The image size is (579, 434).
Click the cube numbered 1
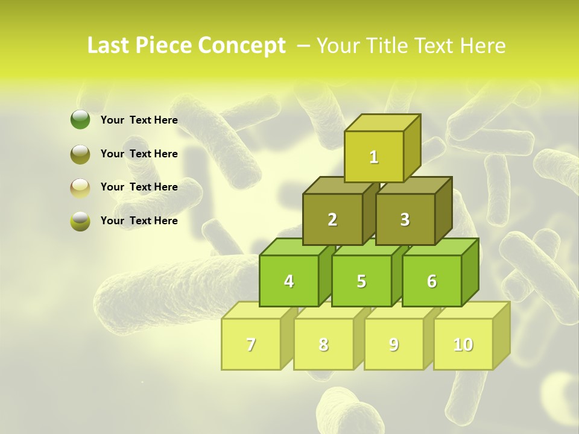point(374,157)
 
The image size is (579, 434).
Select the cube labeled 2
point(332,219)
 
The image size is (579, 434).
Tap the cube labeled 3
point(405,219)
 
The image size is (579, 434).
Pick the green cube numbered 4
point(289,281)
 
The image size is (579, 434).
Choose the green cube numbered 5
point(361,281)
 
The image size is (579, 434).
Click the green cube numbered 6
point(432,281)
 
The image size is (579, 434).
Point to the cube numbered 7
point(251,344)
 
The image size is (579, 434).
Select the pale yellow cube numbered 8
point(323,344)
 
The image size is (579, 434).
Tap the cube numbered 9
point(394,344)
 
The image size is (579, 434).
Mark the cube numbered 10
point(463,344)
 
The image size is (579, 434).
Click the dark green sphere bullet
point(80,120)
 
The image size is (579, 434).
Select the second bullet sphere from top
point(80,154)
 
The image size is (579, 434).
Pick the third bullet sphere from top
point(80,187)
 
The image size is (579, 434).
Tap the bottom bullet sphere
point(80,221)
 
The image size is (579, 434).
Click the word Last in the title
point(109,46)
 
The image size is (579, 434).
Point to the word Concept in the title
point(242,46)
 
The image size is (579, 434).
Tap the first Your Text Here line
point(139,120)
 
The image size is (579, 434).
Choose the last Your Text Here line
point(139,221)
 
